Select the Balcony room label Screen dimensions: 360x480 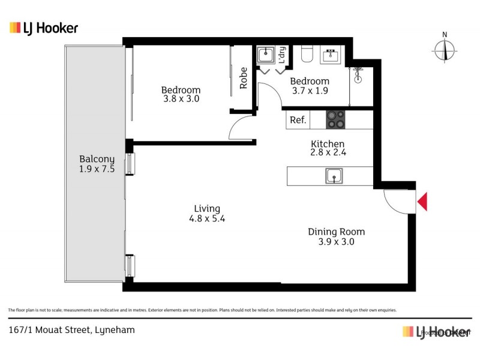click(x=97, y=159)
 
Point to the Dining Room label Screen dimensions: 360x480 click(x=336, y=232)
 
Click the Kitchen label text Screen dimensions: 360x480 click(x=327, y=144)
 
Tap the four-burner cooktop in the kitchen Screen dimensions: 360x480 click(x=335, y=119)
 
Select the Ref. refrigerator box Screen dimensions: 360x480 click(x=298, y=120)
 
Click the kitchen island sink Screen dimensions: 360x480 click(x=334, y=176)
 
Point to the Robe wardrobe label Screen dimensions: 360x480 click(x=244, y=78)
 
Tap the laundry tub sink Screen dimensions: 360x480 click(x=265, y=56)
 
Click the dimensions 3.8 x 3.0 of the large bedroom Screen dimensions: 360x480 click(x=181, y=99)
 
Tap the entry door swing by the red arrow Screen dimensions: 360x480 click(x=395, y=201)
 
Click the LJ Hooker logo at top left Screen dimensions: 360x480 click(x=44, y=28)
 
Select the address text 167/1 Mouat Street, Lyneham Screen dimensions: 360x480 click(x=71, y=329)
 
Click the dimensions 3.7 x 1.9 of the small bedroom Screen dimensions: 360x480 click(x=310, y=91)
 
